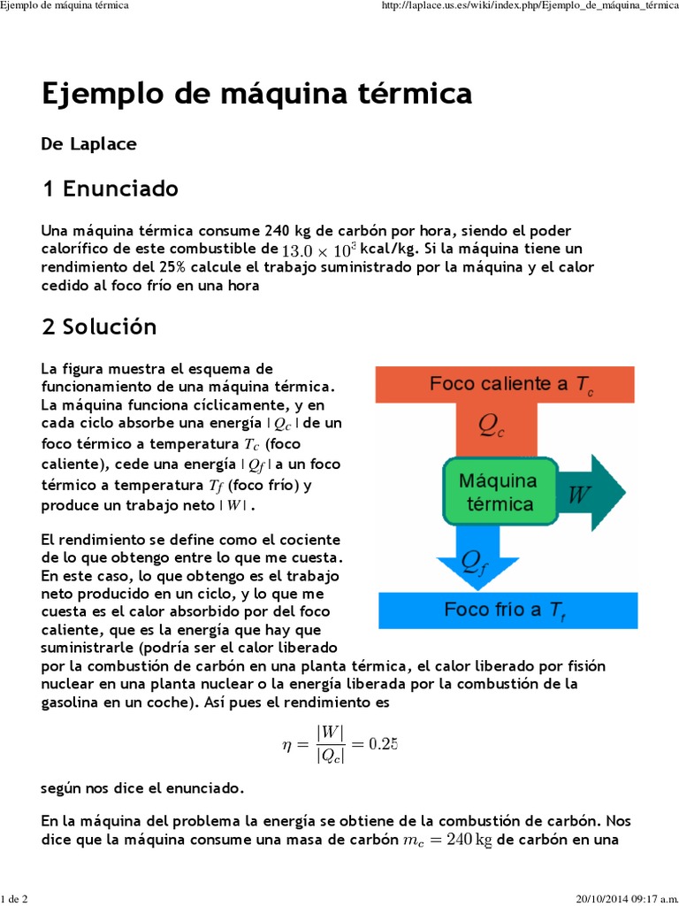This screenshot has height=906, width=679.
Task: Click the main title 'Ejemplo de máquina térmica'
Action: point(256,93)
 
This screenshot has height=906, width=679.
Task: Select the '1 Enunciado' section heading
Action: point(110,188)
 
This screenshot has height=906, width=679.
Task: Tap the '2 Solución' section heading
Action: point(99,326)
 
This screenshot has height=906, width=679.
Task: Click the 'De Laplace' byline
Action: point(88,143)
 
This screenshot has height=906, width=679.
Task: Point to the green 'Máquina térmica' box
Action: point(497,493)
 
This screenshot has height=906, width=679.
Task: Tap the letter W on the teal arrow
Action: point(579,494)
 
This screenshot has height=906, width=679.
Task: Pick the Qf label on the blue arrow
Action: point(474,560)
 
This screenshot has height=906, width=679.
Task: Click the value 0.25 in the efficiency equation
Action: point(383,743)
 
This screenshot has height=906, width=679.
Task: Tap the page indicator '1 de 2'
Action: point(16,899)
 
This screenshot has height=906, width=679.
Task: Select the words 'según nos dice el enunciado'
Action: point(142,787)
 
